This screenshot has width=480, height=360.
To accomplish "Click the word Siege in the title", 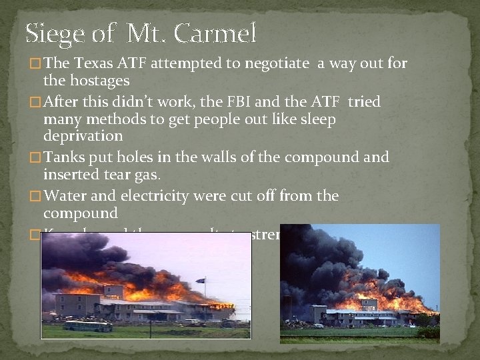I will (x=55, y=33).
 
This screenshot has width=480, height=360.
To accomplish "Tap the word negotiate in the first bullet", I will (x=275, y=64).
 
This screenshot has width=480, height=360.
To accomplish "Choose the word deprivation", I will (x=83, y=136).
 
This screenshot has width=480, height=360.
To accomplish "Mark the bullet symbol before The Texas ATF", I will (x=35, y=65).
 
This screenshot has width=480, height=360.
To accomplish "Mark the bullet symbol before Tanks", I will (x=35, y=159).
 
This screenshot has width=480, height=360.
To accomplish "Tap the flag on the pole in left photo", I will (x=200, y=281).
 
